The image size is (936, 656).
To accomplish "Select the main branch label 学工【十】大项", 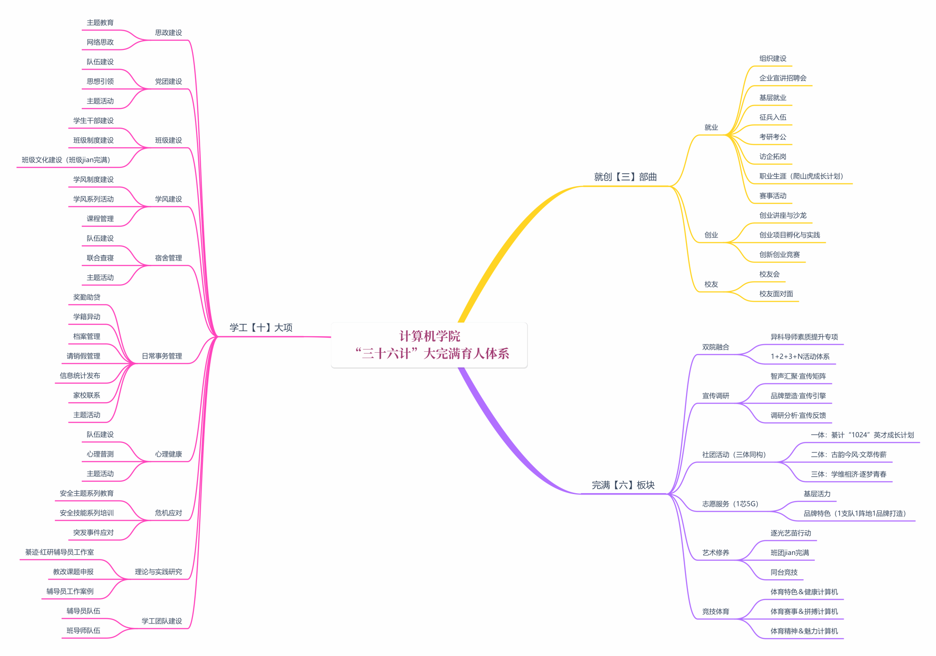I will click(261, 328).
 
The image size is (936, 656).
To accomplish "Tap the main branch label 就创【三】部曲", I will click(625, 177).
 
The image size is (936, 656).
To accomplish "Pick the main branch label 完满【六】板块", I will click(623, 485).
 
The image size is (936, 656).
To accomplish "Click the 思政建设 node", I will click(168, 32).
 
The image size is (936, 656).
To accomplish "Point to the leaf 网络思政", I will click(100, 42).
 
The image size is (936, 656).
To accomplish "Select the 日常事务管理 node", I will click(162, 356).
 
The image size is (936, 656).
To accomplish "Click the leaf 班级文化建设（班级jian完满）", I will click(66, 160).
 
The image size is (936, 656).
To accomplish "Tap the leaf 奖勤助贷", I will click(86, 297).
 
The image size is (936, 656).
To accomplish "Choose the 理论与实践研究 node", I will click(158, 572).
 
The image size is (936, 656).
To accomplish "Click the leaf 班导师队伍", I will click(83, 630).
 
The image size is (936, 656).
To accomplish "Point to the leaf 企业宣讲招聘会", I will click(782, 78).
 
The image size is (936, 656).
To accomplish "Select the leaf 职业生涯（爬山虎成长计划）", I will click(801, 176).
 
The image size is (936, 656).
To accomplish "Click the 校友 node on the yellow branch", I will click(711, 284).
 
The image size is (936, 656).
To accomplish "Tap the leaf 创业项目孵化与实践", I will click(789, 235).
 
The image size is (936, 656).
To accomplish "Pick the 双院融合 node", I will click(716, 347).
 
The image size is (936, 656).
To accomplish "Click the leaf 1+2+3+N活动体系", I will click(800, 356).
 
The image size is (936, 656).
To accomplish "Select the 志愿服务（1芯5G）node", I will click(730, 504).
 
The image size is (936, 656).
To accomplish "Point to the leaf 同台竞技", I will click(784, 572).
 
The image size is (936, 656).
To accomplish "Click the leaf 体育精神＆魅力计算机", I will click(804, 631).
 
